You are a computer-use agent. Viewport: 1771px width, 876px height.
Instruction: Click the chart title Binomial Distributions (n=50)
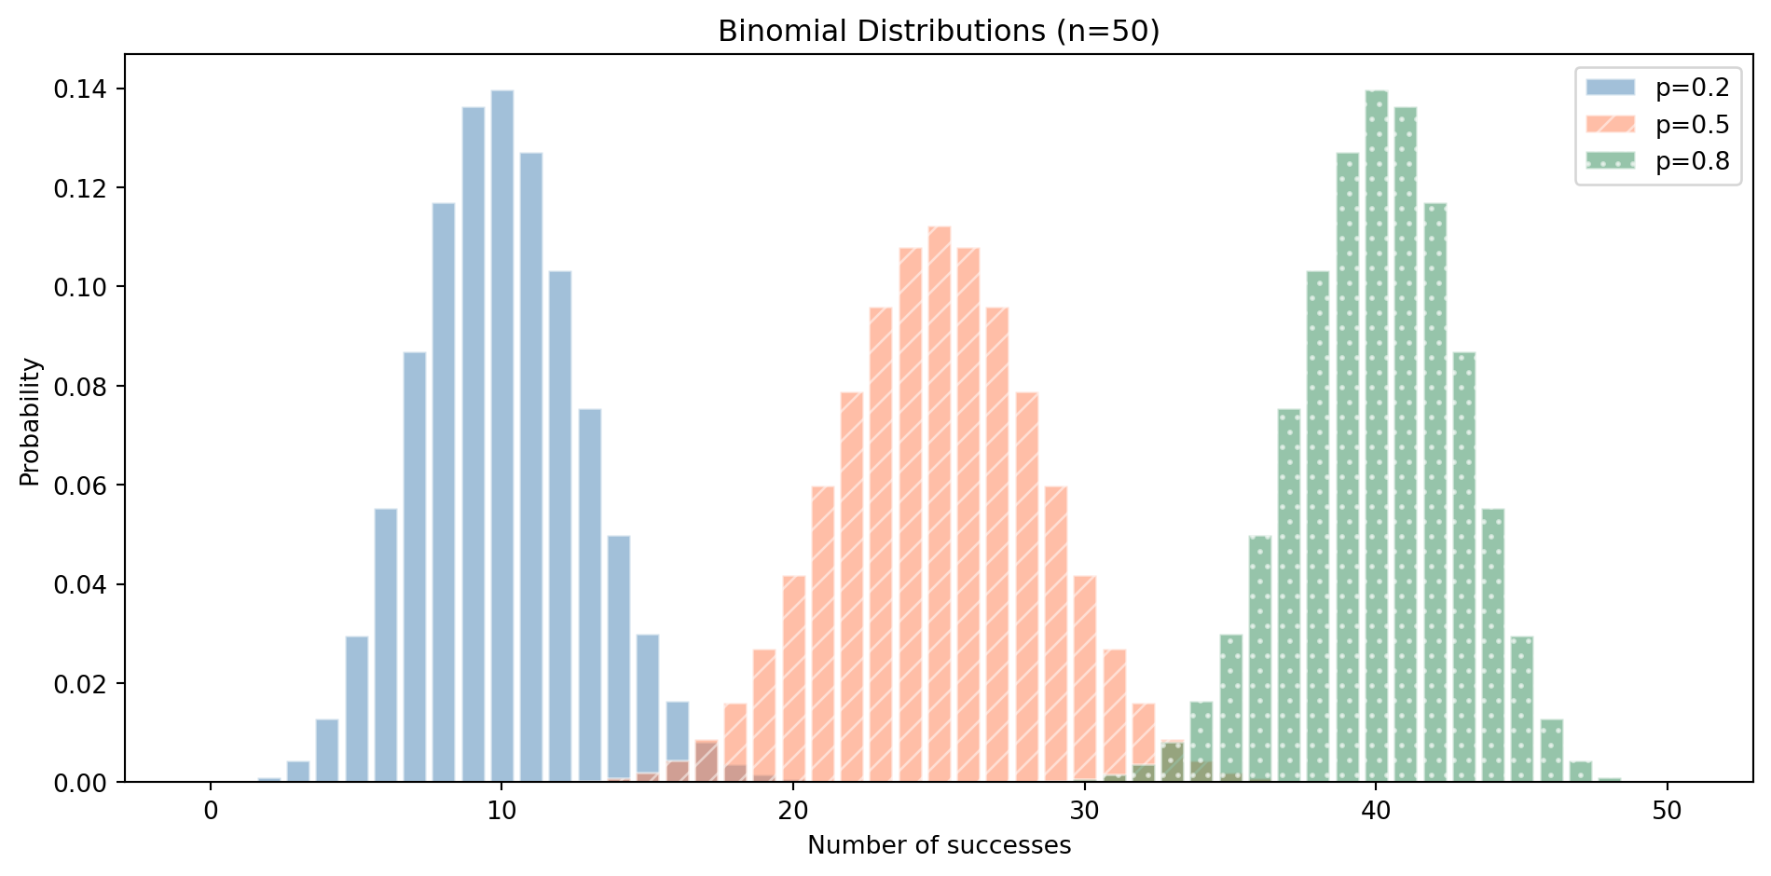(x=939, y=32)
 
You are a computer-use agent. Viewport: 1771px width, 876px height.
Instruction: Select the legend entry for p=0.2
(x=1658, y=88)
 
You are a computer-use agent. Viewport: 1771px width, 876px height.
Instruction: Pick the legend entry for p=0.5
(x=1658, y=125)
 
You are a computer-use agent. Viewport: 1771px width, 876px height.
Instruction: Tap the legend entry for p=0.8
(x=1658, y=162)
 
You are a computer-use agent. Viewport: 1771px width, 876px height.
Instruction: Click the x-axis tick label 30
(x=1085, y=811)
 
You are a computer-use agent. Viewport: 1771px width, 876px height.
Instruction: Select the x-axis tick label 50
(x=1667, y=811)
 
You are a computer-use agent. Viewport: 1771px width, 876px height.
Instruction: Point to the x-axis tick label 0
(x=211, y=811)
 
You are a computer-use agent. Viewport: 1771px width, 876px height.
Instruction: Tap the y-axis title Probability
(x=30, y=421)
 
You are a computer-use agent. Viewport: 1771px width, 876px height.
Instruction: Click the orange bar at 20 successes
(x=794, y=680)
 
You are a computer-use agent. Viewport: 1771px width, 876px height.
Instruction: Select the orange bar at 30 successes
(x=1085, y=680)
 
